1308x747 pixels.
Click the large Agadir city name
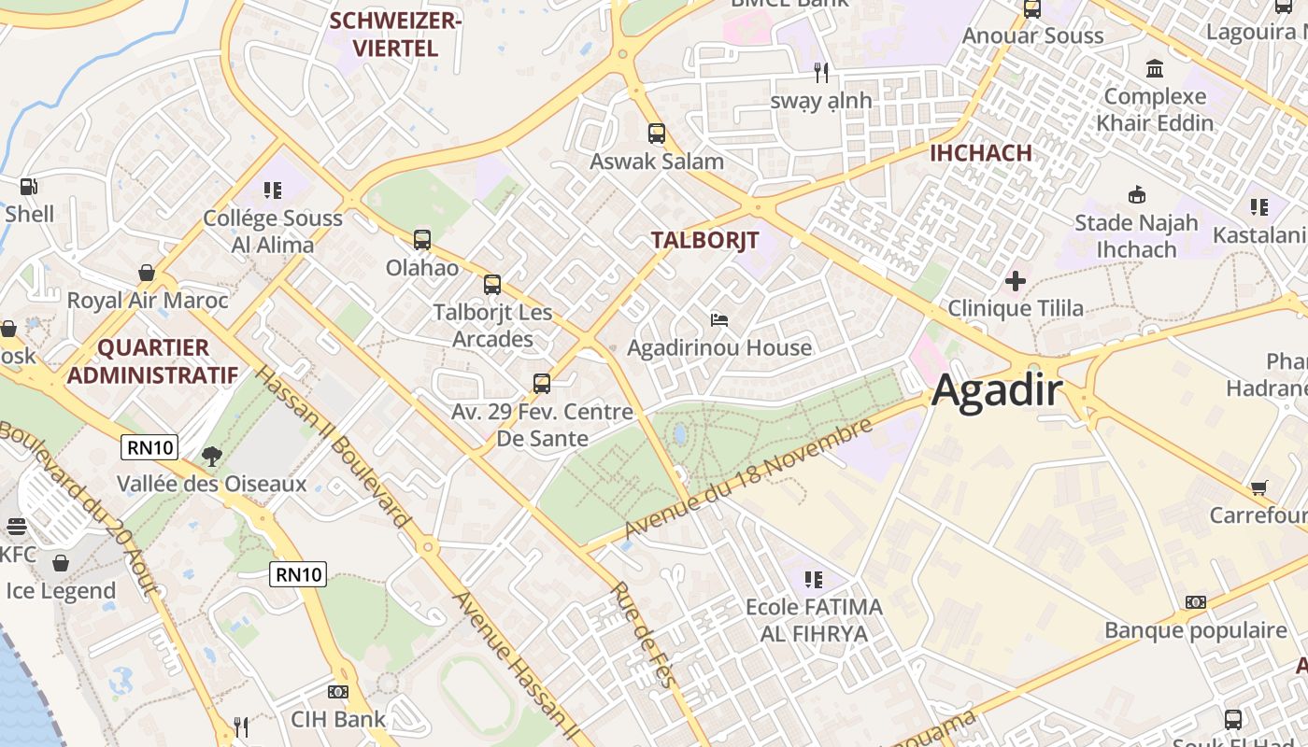(x=997, y=389)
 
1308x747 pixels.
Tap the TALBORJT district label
(x=704, y=240)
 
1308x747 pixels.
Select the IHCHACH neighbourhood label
(x=980, y=153)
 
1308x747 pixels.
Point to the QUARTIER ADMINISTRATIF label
(x=152, y=361)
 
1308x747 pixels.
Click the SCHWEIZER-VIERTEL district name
(x=396, y=35)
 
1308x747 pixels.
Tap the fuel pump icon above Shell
(x=29, y=187)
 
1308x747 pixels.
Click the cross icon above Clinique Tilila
(x=1015, y=281)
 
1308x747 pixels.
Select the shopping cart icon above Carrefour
(x=1258, y=488)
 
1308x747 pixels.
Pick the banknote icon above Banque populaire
(x=1195, y=602)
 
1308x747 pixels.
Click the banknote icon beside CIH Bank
(x=338, y=692)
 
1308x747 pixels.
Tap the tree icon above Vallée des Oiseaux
(x=212, y=457)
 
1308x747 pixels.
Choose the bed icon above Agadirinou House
(x=718, y=320)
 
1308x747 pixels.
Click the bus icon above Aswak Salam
(x=656, y=134)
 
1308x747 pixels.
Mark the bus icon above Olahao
(x=422, y=240)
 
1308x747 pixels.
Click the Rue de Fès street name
(x=643, y=635)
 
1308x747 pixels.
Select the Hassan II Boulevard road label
(x=332, y=446)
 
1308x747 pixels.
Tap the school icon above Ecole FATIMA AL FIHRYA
(x=813, y=580)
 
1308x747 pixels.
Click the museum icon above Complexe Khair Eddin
(x=1155, y=69)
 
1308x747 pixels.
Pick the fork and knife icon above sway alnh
(x=821, y=72)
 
